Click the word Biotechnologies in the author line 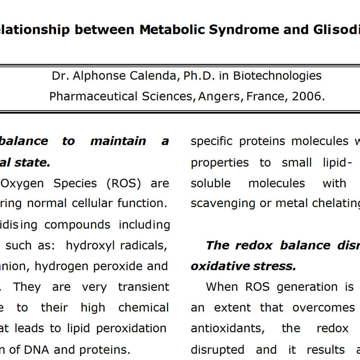(x=277, y=76)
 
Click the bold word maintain (x=118, y=141)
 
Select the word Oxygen (x=23, y=183)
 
